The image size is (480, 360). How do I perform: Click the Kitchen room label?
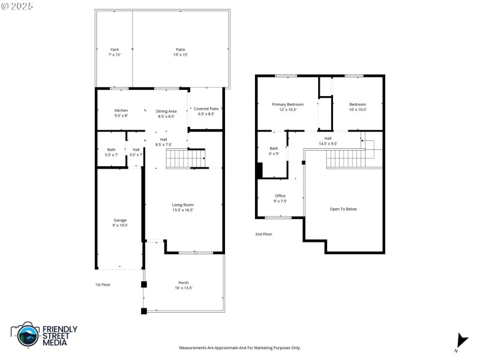(121, 110)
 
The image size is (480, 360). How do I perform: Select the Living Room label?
(183, 205)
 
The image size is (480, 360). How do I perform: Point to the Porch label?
(183, 283)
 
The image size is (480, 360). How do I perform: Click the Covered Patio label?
(205, 109)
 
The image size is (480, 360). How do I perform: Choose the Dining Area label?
(166, 111)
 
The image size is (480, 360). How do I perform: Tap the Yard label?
(114, 50)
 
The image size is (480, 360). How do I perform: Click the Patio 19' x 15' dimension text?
(181, 55)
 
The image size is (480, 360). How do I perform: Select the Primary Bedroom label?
(287, 104)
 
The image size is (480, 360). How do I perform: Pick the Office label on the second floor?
(280, 196)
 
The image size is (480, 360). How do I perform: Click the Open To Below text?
(343, 209)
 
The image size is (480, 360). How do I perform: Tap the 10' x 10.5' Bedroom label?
(358, 104)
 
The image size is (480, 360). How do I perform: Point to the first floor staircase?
(185, 159)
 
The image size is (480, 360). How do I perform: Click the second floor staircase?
(345, 159)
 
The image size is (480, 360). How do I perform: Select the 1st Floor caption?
(103, 284)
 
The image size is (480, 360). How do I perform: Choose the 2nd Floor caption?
(263, 234)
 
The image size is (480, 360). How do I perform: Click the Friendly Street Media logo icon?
(26, 335)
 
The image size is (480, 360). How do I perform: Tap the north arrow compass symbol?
(461, 341)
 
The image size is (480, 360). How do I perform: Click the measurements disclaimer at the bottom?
(240, 347)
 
